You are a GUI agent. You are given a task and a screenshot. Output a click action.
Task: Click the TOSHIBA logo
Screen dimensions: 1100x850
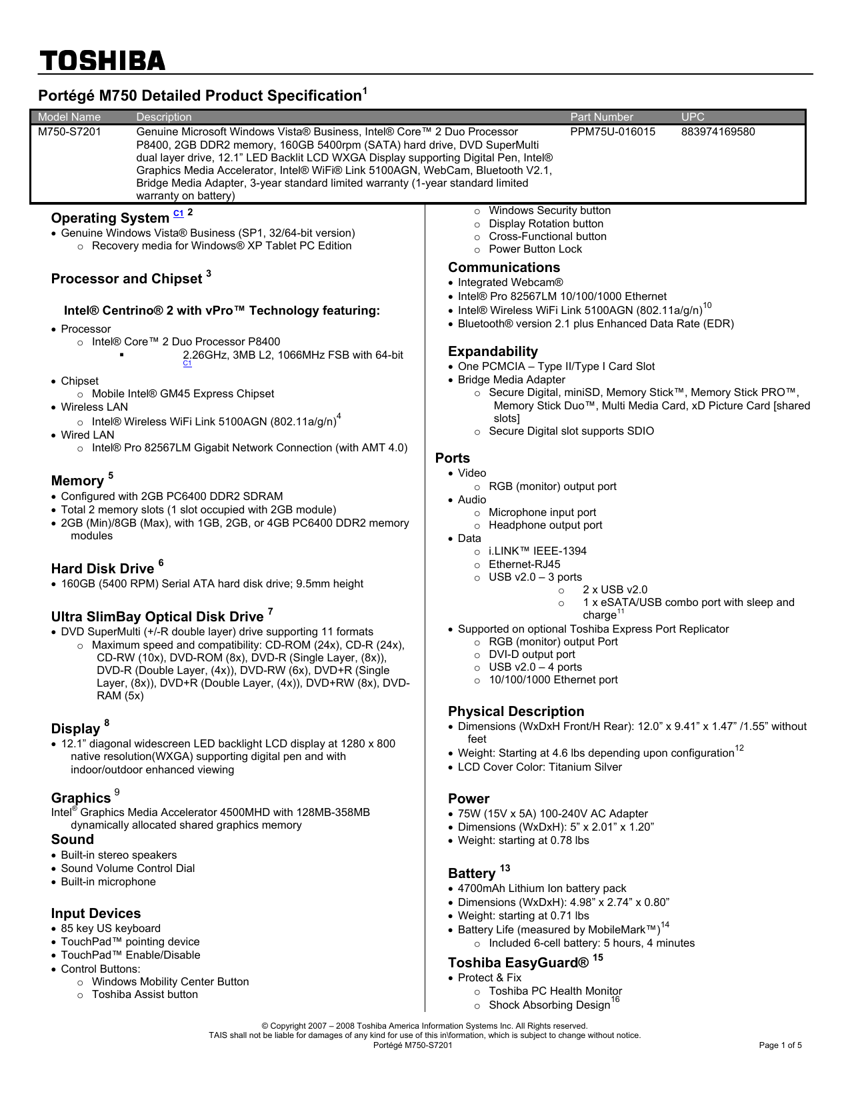click(x=102, y=61)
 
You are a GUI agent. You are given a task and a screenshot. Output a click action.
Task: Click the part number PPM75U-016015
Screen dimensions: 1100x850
click(x=613, y=132)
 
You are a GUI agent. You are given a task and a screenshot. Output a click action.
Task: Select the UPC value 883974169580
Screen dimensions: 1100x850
click(x=718, y=132)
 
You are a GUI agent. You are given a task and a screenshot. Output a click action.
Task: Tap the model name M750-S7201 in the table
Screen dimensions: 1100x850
click(x=69, y=132)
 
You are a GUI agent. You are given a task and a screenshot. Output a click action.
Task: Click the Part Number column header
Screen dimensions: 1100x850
click(x=601, y=117)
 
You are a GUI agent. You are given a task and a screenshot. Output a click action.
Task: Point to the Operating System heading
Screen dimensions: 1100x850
click(x=110, y=219)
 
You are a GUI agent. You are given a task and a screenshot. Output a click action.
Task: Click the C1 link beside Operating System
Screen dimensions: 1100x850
click(x=178, y=213)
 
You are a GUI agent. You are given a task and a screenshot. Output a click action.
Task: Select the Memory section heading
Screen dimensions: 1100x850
click(x=77, y=481)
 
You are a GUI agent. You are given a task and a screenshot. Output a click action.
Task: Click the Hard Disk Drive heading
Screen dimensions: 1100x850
click(x=103, y=569)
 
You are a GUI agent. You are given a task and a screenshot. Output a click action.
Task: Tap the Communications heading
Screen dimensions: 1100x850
click(x=504, y=268)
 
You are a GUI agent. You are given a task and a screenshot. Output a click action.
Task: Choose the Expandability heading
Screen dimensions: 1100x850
click(x=493, y=352)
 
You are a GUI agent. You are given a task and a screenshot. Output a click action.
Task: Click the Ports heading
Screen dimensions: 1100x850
click(x=453, y=459)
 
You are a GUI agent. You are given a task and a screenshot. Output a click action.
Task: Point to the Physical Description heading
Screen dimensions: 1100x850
click(x=516, y=712)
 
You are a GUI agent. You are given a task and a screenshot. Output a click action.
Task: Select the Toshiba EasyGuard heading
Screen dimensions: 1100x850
click(x=519, y=963)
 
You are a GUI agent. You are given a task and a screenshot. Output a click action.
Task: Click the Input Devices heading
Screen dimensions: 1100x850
click(x=96, y=914)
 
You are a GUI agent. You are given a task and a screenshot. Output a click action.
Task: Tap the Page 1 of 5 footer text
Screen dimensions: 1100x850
click(x=780, y=1046)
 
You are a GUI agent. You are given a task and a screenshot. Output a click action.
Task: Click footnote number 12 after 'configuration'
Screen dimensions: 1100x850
click(x=739, y=749)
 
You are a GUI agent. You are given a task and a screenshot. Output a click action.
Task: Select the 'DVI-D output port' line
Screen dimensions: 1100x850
click(x=531, y=655)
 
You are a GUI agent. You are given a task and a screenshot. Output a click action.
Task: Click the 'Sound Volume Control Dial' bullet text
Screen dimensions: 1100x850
click(x=128, y=869)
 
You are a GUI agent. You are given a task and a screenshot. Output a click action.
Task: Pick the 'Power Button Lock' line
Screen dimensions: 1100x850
click(x=535, y=249)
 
